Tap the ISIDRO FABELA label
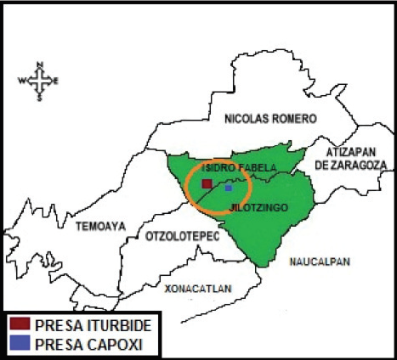tap(239, 167)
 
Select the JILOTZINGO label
tap(258, 207)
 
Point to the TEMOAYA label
tap(100, 227)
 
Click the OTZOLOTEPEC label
tap(182, 235)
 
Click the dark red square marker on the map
tap(206, 183)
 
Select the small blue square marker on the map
tap(228, 188)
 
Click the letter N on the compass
tap(40, 64)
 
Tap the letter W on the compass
tap(22, 82)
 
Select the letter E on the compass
tap(56, 82)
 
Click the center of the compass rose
tap(39, 82)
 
